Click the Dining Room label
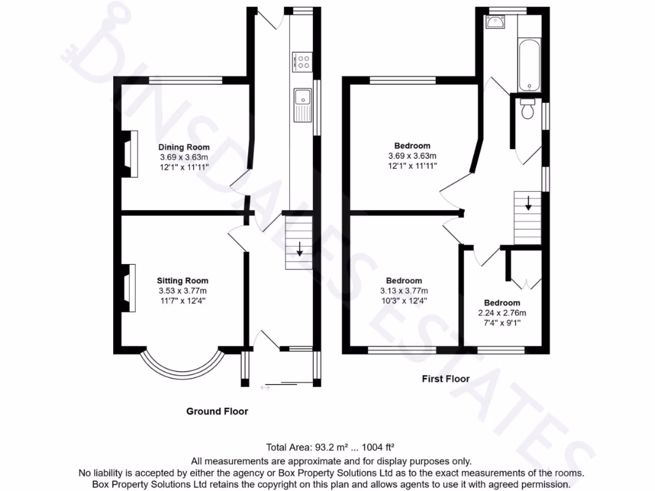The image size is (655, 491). point(184,147)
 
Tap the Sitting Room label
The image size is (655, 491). point(183,280)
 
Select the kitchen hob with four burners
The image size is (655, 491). point(302,61)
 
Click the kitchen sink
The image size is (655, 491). point(302,104)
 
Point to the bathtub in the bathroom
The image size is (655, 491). point(530,65)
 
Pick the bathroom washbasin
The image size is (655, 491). point(496,24)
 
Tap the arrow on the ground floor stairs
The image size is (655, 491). point(299,249)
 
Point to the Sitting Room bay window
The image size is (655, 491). point(183,366)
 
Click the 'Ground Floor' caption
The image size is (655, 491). point(217,411)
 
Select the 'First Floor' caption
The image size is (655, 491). point(445,378)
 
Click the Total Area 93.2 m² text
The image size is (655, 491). point(333,447)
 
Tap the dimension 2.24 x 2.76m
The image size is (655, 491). point(501,313)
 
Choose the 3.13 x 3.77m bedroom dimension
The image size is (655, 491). point(404,290)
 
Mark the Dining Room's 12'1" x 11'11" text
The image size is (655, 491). point(184,166)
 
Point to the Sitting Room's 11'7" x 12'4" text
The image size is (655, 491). point(183,300)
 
